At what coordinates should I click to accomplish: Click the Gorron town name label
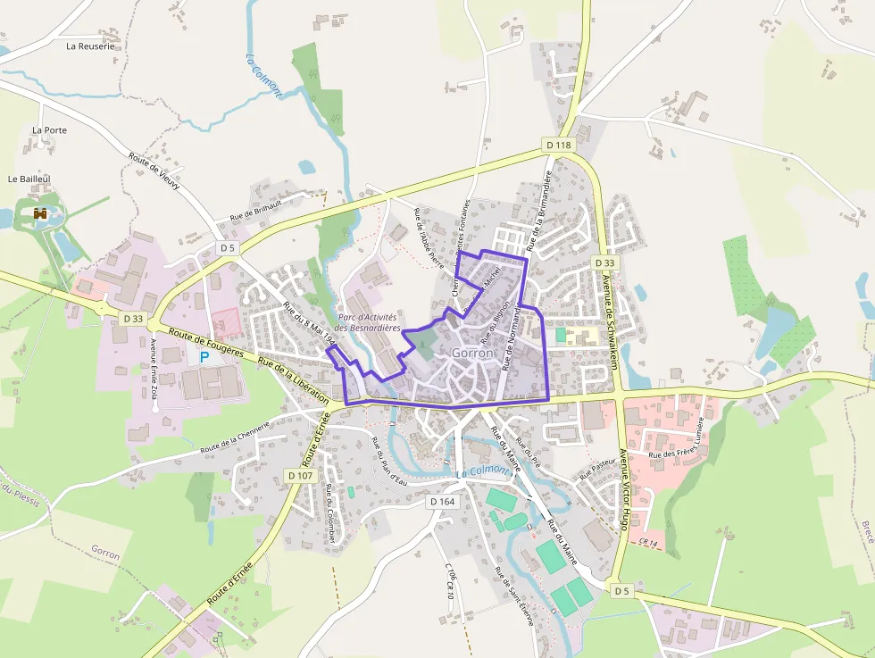point(472,353)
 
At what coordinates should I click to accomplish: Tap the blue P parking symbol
point(204,356)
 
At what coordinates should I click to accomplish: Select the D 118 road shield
point(558,145)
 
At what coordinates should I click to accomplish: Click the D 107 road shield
point(302,476)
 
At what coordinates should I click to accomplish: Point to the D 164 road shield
point(442,502)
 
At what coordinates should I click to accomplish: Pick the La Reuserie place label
point(91,46)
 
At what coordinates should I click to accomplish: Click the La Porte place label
point(50,130)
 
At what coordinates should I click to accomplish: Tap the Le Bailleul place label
point(26,179)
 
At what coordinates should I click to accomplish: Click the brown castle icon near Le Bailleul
point(40,213)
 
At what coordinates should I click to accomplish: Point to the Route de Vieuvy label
point(154,171)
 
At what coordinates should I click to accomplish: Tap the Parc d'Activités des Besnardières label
point(368,323)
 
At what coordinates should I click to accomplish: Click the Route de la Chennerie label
point(235,437)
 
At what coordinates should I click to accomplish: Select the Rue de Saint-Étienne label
point(515,596)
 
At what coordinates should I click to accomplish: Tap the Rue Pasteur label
point(596,468)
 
